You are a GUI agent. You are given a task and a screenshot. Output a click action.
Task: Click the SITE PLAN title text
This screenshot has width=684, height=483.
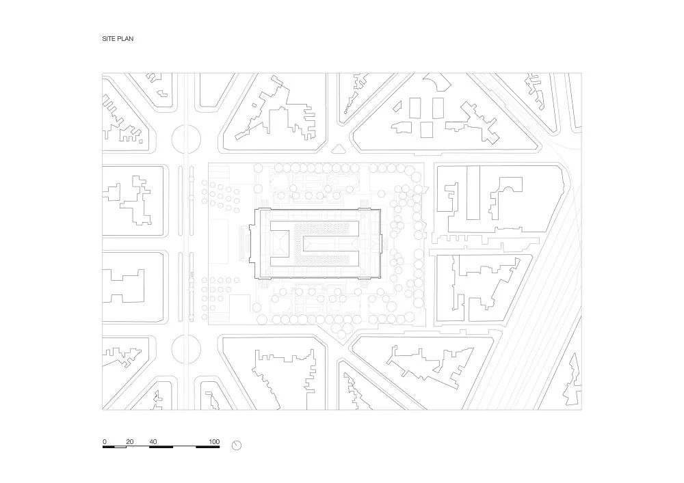point(118,39)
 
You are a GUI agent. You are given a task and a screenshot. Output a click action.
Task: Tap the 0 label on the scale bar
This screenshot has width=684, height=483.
point(105,441)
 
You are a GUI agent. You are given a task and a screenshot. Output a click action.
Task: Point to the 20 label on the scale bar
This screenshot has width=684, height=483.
point(129,441)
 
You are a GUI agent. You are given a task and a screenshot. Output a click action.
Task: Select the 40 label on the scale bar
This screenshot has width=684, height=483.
point(153,441)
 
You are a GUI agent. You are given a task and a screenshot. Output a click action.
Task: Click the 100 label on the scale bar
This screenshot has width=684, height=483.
point(214,441)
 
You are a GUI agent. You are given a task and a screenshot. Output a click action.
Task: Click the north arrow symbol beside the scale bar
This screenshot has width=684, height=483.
point(237,445)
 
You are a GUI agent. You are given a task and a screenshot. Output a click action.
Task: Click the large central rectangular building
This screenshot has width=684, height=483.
point(318,244)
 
